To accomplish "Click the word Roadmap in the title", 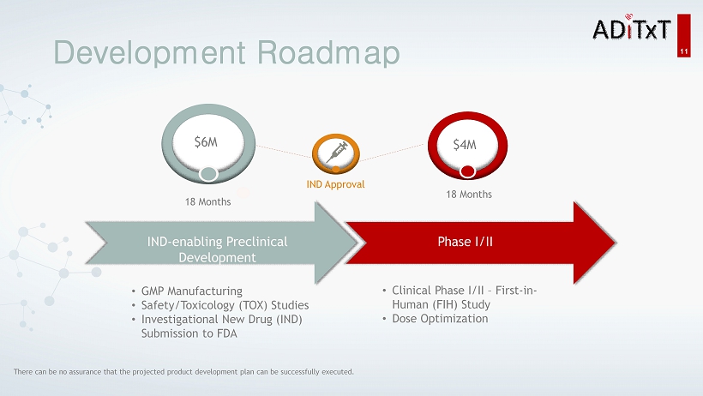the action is pos(328,53).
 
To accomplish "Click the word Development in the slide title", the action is pos(150,53).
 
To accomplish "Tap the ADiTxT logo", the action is pos(631,27).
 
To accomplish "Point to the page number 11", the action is pos(684,51).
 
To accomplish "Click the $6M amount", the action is pos(206,142).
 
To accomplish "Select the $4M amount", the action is pos(465,144).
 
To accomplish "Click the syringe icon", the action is pos(337,152).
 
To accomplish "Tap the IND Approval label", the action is pos(335,184).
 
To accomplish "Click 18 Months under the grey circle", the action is pos(208,201).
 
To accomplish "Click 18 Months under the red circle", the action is pos(469,195).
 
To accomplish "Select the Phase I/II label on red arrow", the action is pos(465,242).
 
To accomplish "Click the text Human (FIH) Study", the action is pos(442,304).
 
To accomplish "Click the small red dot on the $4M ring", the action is pos(467,171).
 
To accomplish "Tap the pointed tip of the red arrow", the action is pos(616,243).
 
